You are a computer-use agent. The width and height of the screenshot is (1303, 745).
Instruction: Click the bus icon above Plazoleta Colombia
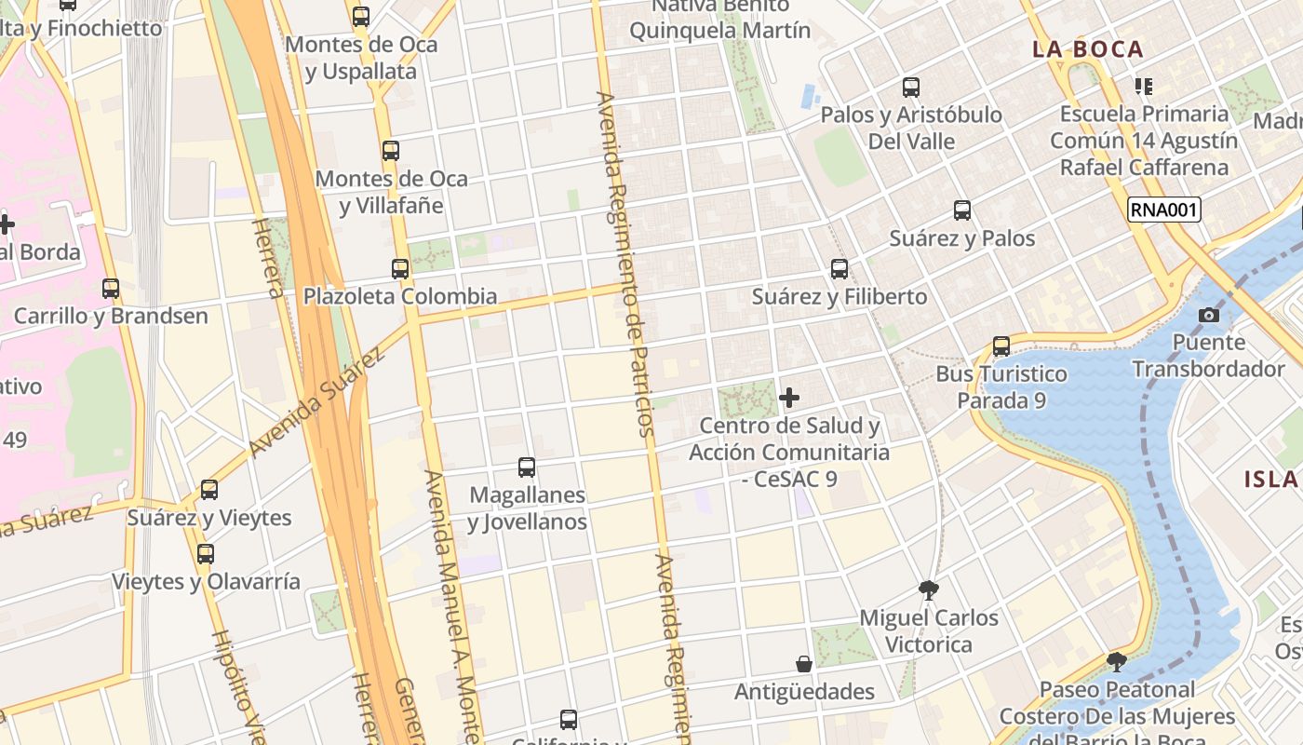[400, 269]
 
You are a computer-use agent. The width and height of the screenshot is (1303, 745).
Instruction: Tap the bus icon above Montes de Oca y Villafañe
[391, 150]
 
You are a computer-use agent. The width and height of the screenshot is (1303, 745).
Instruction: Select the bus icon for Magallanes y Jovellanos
[527, 467]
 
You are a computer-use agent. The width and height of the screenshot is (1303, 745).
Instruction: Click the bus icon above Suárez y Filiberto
[840, 269]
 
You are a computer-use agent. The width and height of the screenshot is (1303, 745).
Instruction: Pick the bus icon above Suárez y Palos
[962, 210]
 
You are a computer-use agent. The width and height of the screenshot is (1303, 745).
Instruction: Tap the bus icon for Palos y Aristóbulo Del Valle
[911, 88]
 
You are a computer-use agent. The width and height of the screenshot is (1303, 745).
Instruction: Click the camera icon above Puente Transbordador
[1209, 315]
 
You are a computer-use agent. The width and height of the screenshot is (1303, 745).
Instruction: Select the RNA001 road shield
[1163, 210]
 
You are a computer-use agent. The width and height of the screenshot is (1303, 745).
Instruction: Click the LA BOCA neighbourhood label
[1087, 49]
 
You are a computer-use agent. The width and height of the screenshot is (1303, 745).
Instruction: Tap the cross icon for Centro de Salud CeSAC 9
[789, 399]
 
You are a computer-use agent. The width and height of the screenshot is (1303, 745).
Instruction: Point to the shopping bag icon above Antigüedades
[804, 664]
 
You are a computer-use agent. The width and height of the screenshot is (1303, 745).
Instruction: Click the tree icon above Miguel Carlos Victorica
[928, 589]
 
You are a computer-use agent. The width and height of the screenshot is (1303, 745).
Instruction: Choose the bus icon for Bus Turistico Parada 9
[1001, 346]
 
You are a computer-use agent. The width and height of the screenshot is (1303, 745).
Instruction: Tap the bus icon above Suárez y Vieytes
[209, 490]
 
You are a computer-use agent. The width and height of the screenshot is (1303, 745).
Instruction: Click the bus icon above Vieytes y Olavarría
[206, 554]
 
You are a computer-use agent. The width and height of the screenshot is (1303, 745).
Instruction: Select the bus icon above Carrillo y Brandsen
[111, 289]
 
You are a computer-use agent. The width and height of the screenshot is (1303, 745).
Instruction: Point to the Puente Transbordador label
[1208, 356]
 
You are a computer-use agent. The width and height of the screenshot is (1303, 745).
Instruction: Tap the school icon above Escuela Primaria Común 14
[1144, 87]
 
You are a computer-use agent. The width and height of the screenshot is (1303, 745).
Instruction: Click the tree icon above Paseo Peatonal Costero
[1117, 662]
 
